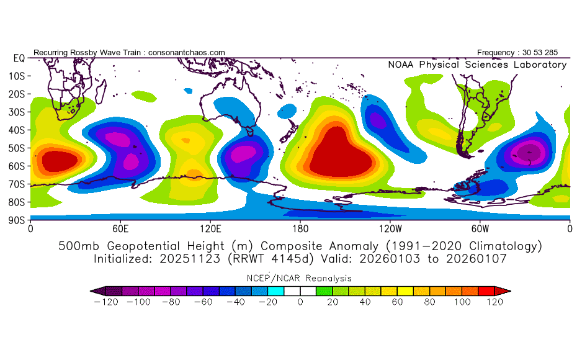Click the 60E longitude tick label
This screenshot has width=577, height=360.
120,229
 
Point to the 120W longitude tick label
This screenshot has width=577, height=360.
390,229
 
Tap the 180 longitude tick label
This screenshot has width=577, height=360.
300,229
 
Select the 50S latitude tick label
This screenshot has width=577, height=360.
17,148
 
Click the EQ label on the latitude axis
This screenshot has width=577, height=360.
19,58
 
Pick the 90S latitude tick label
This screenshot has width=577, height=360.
17,220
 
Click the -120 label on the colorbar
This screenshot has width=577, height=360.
106,302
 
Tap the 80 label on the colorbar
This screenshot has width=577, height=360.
429,302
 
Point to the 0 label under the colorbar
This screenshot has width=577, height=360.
300,302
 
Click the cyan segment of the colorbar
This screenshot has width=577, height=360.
275,291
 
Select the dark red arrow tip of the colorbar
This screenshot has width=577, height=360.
503,291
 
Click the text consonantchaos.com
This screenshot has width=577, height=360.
187,53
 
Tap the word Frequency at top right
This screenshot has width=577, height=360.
495,53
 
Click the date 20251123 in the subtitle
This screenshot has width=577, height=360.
190,259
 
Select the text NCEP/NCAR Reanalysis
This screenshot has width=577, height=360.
299,278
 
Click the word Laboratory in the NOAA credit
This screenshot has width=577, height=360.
540,65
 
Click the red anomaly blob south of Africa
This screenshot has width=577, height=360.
60,161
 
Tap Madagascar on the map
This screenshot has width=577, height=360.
101,91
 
